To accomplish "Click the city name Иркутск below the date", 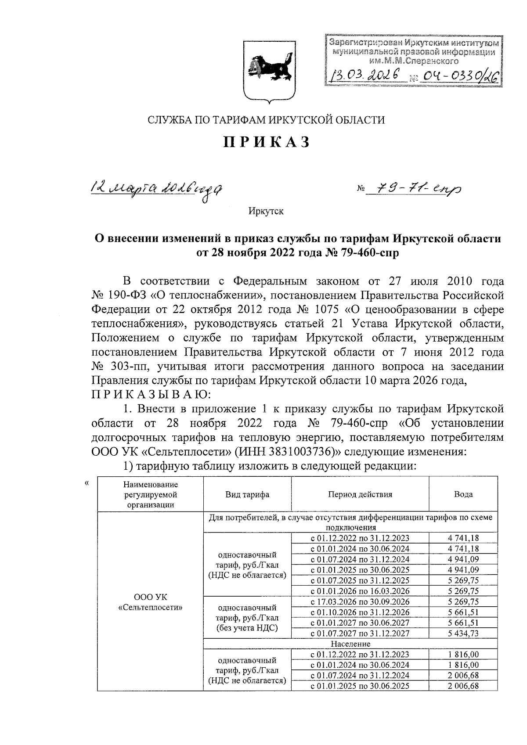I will tap(266, 212).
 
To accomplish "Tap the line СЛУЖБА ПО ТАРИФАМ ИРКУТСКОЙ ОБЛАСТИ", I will tap(266, 120).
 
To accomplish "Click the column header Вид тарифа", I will tap(247, 494).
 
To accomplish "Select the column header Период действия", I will tap(360, 494).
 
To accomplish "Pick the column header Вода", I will tap(463, 494).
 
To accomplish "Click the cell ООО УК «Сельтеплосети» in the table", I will tap(150, 602).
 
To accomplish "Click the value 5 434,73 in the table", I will tap(463, 633).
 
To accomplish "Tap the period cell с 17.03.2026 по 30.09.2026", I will tap(360, 602).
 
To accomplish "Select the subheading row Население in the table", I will tap(350, 644).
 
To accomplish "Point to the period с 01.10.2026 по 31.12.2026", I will tap(360, 612).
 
